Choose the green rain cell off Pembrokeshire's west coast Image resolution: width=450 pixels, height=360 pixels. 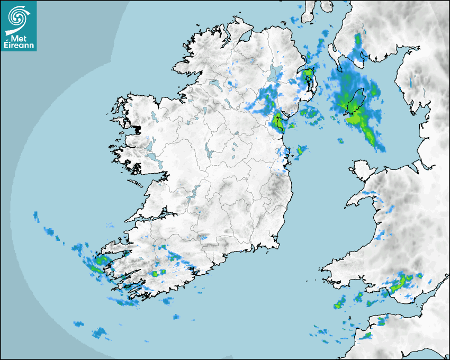(x=339, y=304)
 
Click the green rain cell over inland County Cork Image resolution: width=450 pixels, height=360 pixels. (x=155, y=274)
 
